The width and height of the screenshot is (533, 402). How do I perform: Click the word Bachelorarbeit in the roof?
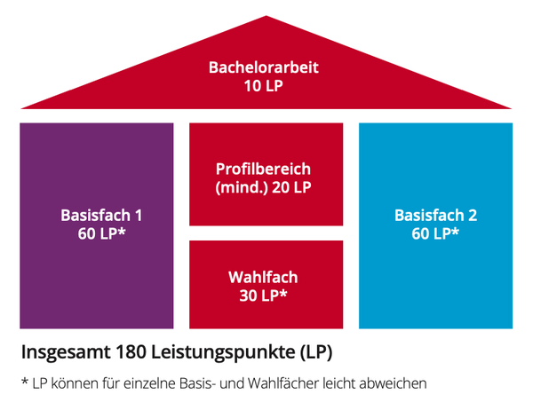pyautogui.click(x=264, y=67)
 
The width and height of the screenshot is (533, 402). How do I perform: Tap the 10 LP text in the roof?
pyautogui.click(x=264, y=85)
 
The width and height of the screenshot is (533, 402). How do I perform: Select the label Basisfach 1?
pyautogui.click(x=101, y=216)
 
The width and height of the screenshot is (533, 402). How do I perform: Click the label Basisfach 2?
pyautogui.click(x=435, y=216)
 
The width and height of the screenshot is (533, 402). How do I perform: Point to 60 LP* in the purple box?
pyautogui.click(x=101, y=233)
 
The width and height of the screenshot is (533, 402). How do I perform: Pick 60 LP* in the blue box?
pyautogui.click(x=435, y=233)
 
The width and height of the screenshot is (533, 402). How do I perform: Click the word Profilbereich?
pyautogui.click(x=264, y=169)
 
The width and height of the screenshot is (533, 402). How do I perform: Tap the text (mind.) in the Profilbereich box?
pyautogui.click(x=242, y=187)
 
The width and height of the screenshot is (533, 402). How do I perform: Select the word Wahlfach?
pyautogui.click(x=264, y=277)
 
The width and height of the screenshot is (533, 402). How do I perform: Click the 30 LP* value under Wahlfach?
pyautogui.click(x=264, y=295)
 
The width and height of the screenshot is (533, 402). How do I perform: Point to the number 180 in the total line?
pyautogui.click(x=131, y=352)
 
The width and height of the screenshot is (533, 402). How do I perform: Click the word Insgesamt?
pyautogui.click(x=66, y=353)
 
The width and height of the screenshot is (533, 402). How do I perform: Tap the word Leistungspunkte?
pyautogui.click(x=223, y=353)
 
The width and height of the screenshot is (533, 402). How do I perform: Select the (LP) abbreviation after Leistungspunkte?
pyautogui.click(x=316, y=353)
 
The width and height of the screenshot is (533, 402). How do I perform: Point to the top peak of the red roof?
pyautogui.click(x=266, y=16)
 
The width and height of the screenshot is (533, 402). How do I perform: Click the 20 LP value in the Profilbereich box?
pyautogui.click(x=291, y=187)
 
